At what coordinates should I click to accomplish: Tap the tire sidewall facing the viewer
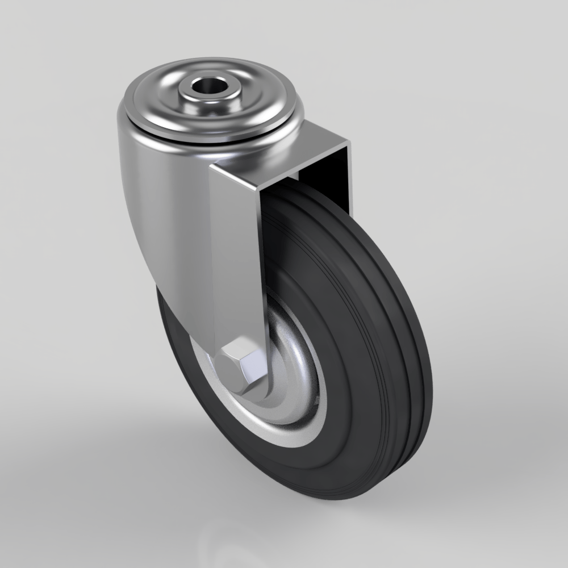[x=341, y=443]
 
